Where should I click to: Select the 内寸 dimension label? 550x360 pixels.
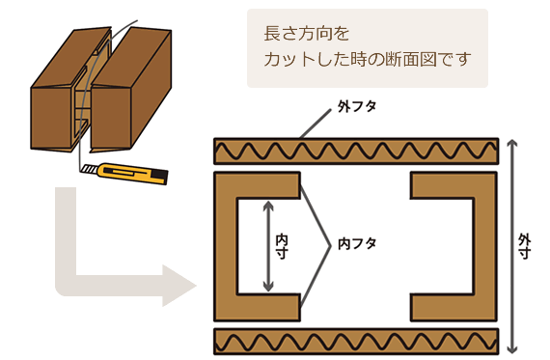click(x=282, y=245)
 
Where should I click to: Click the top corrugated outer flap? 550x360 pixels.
click(x=355, y=151)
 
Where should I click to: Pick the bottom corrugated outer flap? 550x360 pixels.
click(x=355, y=341)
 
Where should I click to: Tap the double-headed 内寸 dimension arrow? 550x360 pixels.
click(x=267, y=245)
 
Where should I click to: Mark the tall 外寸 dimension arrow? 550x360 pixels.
click(x=510, y=245)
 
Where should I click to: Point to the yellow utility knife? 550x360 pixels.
click(x=126, y=174)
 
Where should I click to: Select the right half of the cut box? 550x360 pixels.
click(x=135, y=92)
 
